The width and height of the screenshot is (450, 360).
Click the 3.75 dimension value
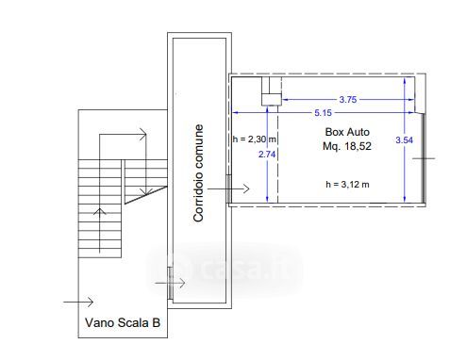click(348, 100)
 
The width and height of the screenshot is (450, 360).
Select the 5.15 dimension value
click(323, 112)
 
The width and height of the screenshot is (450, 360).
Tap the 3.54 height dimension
click(404, 139)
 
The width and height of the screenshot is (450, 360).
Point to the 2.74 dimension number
click(267, 155)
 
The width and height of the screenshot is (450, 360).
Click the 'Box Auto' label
click(347, 132)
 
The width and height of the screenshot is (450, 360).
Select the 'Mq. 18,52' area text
click(347, 146)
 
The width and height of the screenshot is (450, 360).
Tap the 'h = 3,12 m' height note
click(347, 185)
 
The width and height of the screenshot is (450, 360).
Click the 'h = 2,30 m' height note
click(254, 139)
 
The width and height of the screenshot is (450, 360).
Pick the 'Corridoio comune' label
click(198, 173)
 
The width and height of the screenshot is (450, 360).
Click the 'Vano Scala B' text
click(123, 322)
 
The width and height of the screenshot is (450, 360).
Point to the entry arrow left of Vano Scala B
click(78, 303)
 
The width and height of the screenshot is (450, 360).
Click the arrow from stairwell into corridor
click(170, 283)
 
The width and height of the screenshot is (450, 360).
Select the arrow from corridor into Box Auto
click(228, 188)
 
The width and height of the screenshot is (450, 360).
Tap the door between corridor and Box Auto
click(229, 188)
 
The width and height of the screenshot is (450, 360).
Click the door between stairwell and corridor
click(170, 283)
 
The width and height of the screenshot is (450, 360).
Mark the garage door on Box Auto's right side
click(424, 158)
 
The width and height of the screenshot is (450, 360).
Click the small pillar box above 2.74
click(272, 99)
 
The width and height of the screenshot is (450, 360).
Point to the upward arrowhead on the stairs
click(100, 211)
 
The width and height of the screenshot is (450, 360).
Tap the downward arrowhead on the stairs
click(146, 191)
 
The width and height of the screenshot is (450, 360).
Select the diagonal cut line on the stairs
click(146, 195)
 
